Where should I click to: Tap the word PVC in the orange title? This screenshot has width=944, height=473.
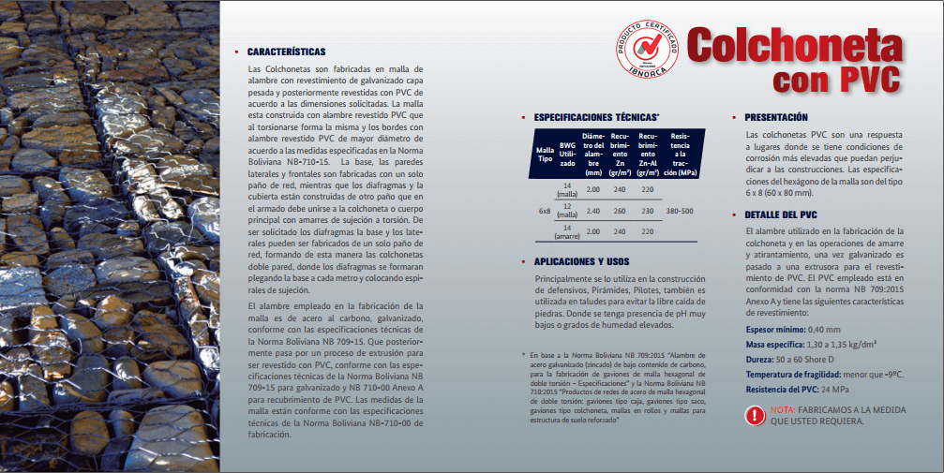point(866,78)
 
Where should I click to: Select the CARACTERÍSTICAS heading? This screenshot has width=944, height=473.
point(287,52)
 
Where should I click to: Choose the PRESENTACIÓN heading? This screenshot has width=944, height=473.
point(775,118)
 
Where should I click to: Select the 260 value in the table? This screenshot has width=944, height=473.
point(620,211)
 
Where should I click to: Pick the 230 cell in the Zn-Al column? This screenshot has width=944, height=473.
point(647,211)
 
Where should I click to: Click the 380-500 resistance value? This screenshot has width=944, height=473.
point(680,211)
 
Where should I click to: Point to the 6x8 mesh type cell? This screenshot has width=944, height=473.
point(544,211)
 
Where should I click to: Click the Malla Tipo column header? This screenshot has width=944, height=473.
point(544,153)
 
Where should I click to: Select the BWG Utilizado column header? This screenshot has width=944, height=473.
point(567,154)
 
